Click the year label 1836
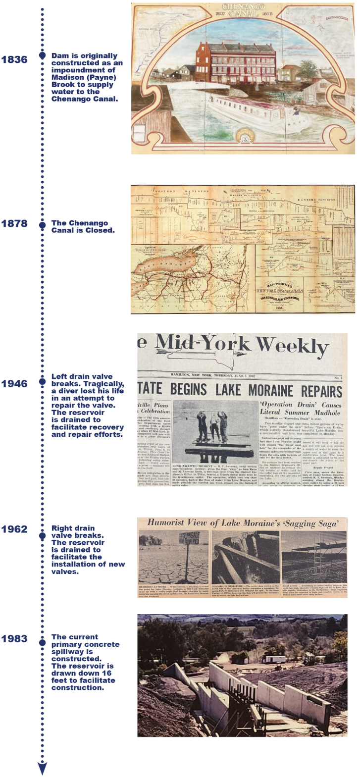[x=14, y=60]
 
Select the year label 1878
[x=14, y=224]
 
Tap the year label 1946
[x=14, y=384]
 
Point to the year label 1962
[x=14, y=529]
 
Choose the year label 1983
[x=14, y=639]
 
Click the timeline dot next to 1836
[x=43, y=56]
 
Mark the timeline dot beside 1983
[x=43, y=642]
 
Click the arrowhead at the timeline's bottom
[x=43, y=768]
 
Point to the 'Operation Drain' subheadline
[x=300, y=408]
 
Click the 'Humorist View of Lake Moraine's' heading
[x=243, y=523]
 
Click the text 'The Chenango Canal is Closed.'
[x=83, y=227]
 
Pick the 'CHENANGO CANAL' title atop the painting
[x=243, y=10]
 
